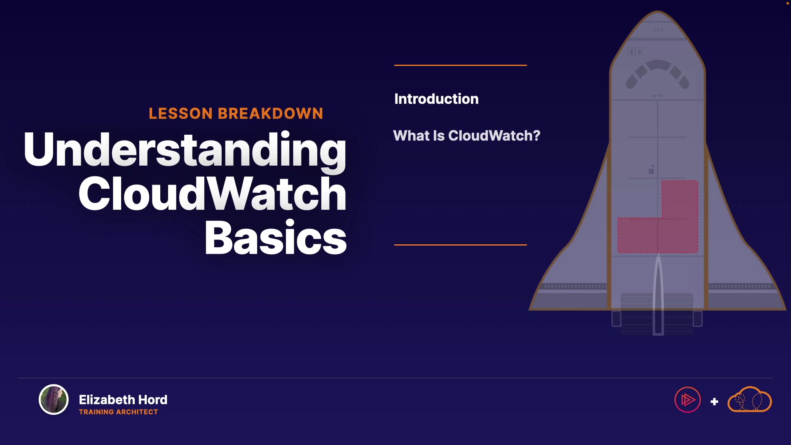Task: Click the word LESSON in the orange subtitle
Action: pyautogui.click(x=180, y=114)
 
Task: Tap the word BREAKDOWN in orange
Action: pyautogui.click(x=271, y=114)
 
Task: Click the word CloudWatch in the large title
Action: pyautogui.click(x=213, y=193)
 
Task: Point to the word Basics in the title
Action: pyautogui.click(x=276, y=237)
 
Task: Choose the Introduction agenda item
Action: pyautogui.click(x=436, y=99)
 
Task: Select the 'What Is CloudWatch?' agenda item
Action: pyautogui.click(x=466, y=136)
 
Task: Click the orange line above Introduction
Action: pyautogui.click(x=461, y=65)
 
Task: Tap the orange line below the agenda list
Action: pyautogui.click(x=461, y=245)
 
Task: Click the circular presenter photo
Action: pyautogui.click(x=54, y=400)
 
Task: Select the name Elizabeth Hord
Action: pyautogui.click(x=123, y=400)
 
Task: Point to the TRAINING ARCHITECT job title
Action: pyautogui.click(x=118, y=412)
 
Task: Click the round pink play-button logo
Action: pyautogui.click(x=688, y=400)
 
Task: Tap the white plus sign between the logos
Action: pyautogui.click(x=714, y=401)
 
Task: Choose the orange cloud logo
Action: pyautogui.click(x=750, y=399)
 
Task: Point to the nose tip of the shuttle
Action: pyautogui.click(x=658, y=12)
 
